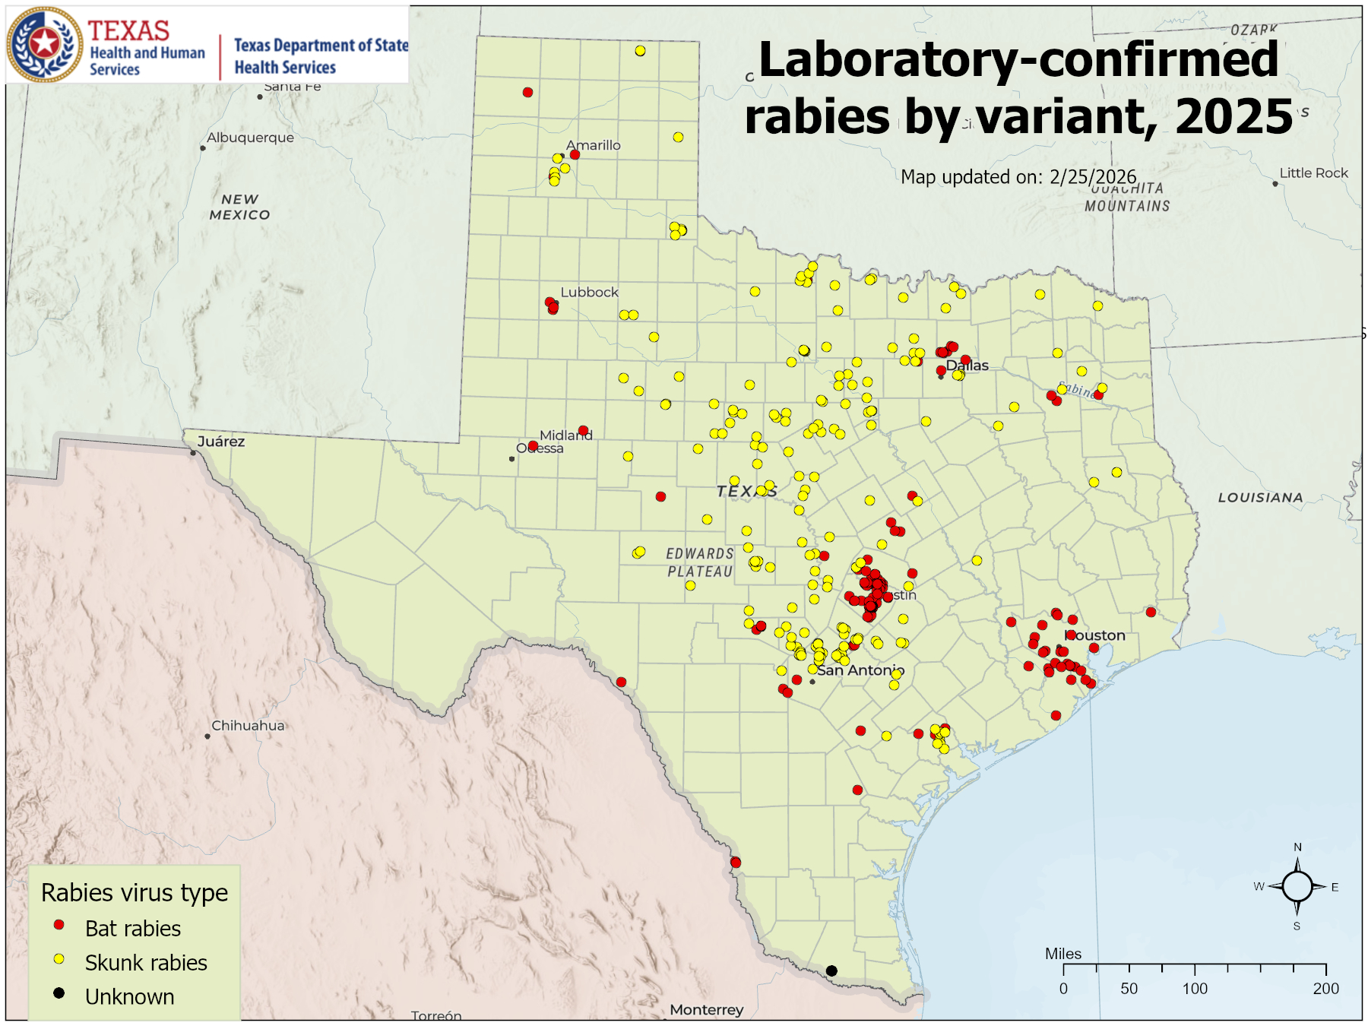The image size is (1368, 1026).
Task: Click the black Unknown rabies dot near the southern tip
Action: pyautogui.click(x=831, y=971)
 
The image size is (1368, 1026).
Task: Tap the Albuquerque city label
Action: pyautogui.click(x=250, y=138)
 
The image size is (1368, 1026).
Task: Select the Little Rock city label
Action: pyautogui.click(x=1313, y=173)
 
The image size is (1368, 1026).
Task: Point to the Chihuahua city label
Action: pyautogui.click(x=248, y=726)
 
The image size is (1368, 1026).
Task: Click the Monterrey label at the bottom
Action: pyautogui.click(x=706, y=1010)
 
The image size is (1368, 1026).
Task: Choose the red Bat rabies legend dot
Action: pyautogui.click(x=59, y=925)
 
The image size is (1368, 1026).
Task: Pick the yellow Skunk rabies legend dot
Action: pyautogui.click(x=59, y=959)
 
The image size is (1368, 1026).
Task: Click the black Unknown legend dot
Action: pyautogui.click(x=59, y=993)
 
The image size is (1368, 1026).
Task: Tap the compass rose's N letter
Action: pyautogui.click(x=1297, y=847)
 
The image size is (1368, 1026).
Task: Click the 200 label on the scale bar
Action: pyautogui.click(x=1325, y=989)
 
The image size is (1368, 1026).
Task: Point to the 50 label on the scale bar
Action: pyautogui.click(x=1129, y=989)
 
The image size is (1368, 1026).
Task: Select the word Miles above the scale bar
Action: pyautogui.click(x=1062, y=954)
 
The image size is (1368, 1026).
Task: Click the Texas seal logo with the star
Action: pyautogui.click(x=44, y=44)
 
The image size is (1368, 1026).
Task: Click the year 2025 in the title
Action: pyautogui.click(x=1233, y=117)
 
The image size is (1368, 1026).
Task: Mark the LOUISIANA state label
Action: pyautogui.click(x=1260, y=498)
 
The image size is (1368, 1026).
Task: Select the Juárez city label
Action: pyautogui.click(x=220, y=442)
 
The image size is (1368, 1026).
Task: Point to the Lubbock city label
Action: pyautogui.click(x=589, y=293)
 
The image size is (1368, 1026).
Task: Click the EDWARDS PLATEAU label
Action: pyautogui.click(x=700, y=562)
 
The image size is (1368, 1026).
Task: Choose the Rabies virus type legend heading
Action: pyautogui.click(x=135, y=892)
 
